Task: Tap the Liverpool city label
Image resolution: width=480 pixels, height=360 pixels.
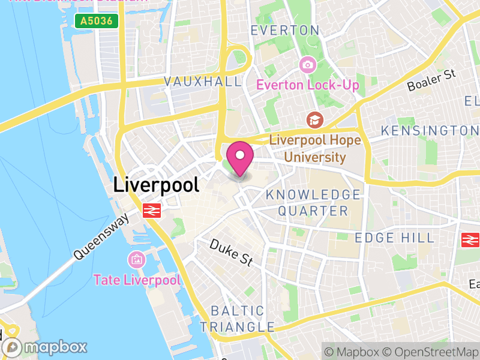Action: tap(156, 185)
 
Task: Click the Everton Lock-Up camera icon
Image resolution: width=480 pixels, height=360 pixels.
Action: tap(308, 64)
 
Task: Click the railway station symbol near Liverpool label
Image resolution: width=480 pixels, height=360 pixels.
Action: tap(151, 210)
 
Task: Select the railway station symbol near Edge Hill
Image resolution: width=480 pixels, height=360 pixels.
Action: tap(470, 240)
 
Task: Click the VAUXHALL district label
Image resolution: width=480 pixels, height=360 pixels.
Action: tap(202, 82)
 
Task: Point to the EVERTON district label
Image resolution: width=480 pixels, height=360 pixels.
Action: tap(285, 30)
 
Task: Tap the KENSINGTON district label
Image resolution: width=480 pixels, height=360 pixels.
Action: tap(430, 130)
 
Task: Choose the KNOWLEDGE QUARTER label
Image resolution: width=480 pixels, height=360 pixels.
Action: tap(313, 203)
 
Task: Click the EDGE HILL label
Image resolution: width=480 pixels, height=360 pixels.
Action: tap(394, 238)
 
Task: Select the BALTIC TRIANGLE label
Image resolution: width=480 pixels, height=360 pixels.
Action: tap(237, 319)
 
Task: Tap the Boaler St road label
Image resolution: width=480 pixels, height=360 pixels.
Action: tap(432, 81)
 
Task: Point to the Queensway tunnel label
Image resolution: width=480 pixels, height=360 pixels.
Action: tap(101, 238)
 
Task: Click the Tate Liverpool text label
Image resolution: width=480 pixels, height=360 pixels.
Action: tap(137, 280)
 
